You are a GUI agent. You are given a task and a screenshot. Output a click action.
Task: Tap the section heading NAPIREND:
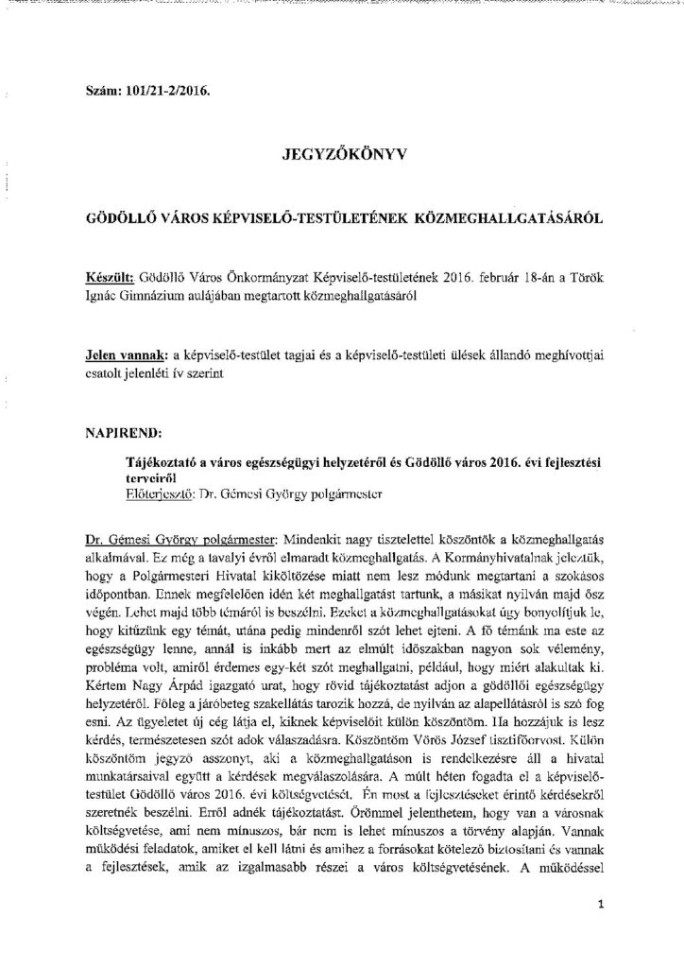point(123,408)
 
